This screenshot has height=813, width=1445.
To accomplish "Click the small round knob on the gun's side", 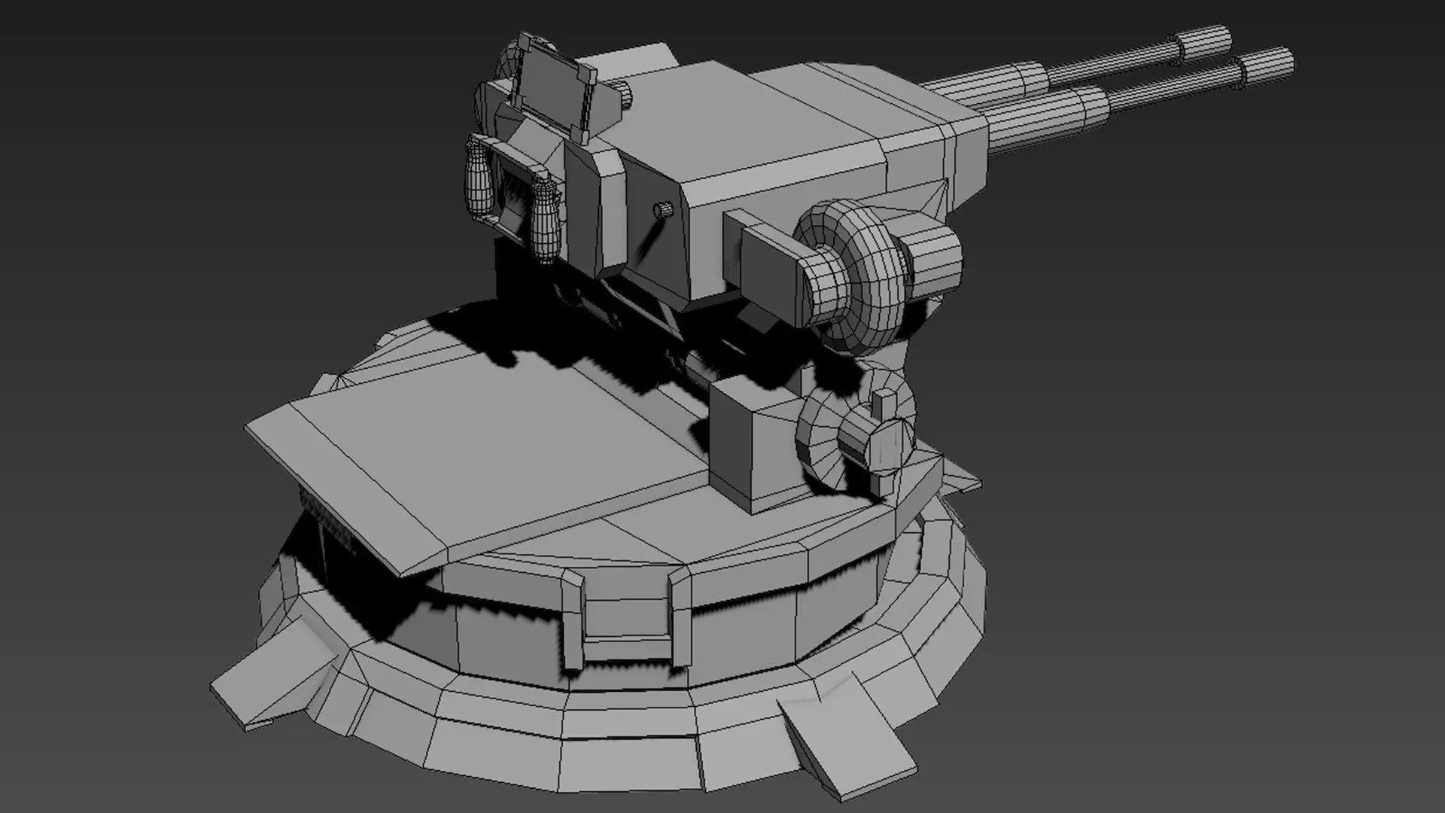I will point(662,209).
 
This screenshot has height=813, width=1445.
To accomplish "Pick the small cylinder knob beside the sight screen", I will point(625,95).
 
